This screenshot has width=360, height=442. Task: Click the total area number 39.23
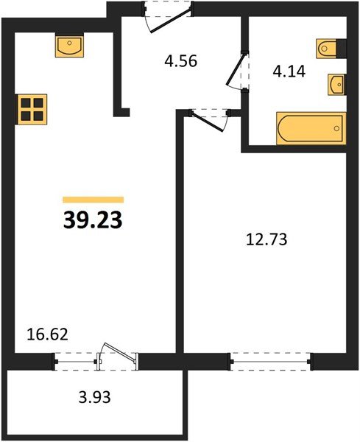[93, 219]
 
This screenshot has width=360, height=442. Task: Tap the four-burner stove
[32, 108]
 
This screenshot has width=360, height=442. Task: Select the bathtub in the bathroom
[310, 127]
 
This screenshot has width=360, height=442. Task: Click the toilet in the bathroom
[329, 49]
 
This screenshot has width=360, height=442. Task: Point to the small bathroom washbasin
[336, 84]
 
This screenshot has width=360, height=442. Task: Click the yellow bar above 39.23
[93, 199]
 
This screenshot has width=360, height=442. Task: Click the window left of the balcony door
[76, 361]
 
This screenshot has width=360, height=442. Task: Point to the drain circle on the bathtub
[336, 128]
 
